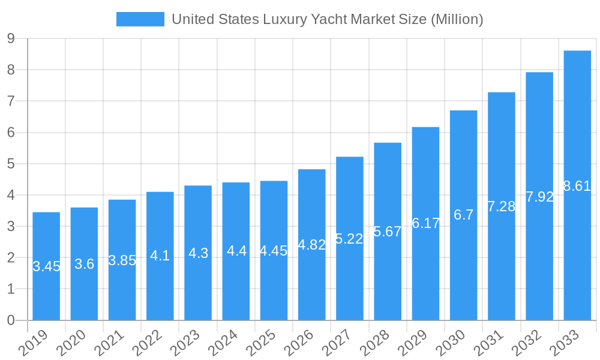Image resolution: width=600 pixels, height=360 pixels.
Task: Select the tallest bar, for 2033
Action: [577, 252]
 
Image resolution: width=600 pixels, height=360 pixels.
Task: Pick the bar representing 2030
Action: [463, 270]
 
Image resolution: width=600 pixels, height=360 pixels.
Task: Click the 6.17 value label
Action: [425, 223]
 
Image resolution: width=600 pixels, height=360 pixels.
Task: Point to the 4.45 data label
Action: [274, 251]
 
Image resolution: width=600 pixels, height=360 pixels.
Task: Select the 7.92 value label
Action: [539, 197]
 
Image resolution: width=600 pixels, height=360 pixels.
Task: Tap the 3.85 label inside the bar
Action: [122, 260]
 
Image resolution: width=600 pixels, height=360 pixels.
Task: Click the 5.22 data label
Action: [349, 239]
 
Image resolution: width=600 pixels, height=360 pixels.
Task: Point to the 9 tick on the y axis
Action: [11, 39]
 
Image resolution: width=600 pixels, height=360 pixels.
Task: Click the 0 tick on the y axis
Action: [11, 320]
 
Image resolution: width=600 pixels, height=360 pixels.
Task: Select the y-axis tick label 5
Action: [11, 164]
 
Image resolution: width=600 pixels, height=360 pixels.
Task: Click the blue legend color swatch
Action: [140, 19]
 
